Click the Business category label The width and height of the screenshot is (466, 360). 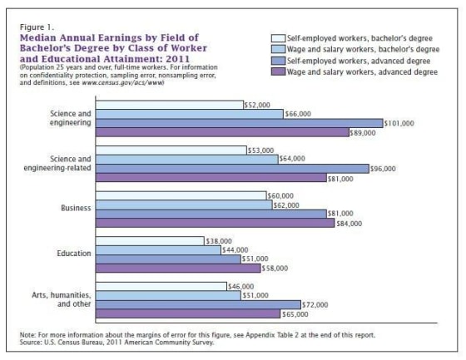pyautogui.click(x=76, y=208)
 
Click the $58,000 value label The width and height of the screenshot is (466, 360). pyautogui.click(x=275, y=268)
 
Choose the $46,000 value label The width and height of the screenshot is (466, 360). pyautogui.click(x=240, y=286)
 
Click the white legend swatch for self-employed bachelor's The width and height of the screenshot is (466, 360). pyautogui.click(x=280, y=39)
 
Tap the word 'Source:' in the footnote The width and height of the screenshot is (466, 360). pyautogui.click(x=33, y=343)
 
